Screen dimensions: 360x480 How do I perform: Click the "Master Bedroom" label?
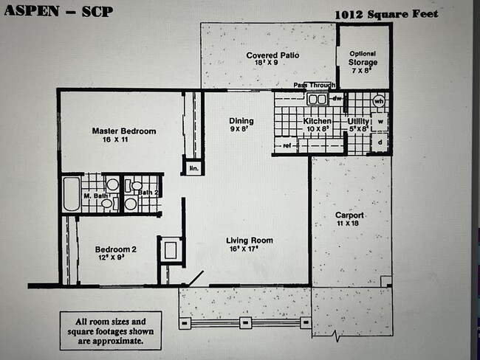pos(123,131)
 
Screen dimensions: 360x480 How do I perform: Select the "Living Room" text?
pos(250,240)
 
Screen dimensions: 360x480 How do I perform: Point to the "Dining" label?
pos(241,121)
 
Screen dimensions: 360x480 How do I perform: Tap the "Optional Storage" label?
pos(363,58)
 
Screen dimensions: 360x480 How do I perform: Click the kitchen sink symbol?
pos(318,99)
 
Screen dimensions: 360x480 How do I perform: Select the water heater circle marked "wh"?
pos(379,100)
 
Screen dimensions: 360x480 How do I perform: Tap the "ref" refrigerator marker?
pos(287,146)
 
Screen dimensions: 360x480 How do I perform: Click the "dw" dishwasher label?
pos(336,98)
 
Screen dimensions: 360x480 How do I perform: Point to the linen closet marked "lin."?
pos(193,168)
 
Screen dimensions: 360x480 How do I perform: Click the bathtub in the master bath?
pos(71,194)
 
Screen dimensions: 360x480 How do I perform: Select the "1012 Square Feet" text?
pos(385,14)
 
